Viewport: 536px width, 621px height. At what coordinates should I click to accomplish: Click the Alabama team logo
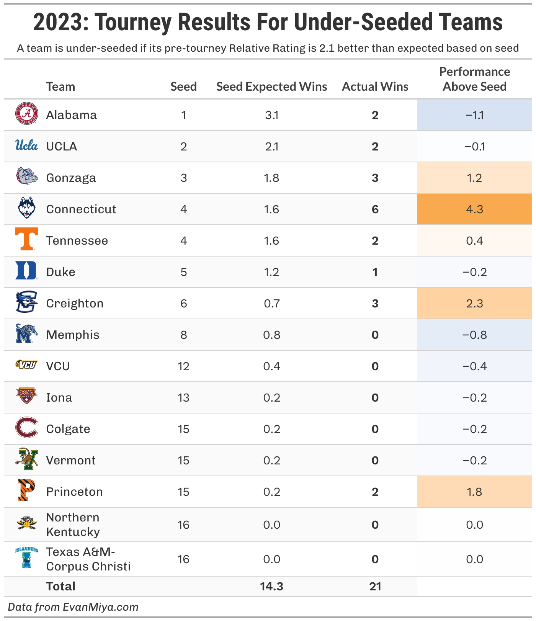pyautogui.click(x=26, y=114)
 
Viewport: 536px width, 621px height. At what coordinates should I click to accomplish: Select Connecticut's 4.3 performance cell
pyautogui.click(x=474, y=209)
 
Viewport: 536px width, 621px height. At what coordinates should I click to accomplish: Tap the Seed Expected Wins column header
pyautogui.click(x=271, y=87)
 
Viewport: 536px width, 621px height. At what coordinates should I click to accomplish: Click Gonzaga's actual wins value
pyautogui.click(x=375, y=178)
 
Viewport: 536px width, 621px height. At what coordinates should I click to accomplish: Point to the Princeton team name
pyautogui.click(x=74, y=492)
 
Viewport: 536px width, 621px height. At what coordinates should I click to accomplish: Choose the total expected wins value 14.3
pyautogui.click(x=271, y=586)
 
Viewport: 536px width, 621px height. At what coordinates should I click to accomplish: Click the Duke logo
pyautogui.click(x=26, y=271)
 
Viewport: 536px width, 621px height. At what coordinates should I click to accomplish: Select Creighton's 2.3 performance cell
pyautogui.click(x=474, y=303)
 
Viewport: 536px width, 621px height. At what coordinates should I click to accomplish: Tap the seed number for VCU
pyautogui.click(x=183, y=366)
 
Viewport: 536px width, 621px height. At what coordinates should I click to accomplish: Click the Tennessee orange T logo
pyautogui.click(x=26, y=239)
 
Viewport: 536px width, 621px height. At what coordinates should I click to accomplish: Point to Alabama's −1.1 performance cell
pyautogui.click(x=474, y=115)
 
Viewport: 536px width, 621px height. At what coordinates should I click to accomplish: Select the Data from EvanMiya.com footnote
pyautogui.click(x=73, y=607)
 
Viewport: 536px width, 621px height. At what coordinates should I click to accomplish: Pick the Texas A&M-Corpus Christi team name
pyautogui.click(x=88, y=559)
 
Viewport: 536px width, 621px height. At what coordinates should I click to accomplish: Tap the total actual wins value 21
pyautogui.click(x=375, y=586)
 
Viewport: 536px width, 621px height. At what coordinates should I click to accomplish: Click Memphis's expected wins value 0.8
pyautogui.click(x=271, y=335)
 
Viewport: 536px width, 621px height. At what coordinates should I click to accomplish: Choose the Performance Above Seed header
pyautogui.click(x=474, y=79)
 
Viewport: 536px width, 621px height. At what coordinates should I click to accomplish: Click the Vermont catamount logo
pyautogui.click(x=26, y=459)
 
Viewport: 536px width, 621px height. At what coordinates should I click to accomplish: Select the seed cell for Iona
pyautogui.click(x=183, y=397)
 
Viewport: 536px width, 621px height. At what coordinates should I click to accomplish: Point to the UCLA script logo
pyautogui.click(x=26, y=145)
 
